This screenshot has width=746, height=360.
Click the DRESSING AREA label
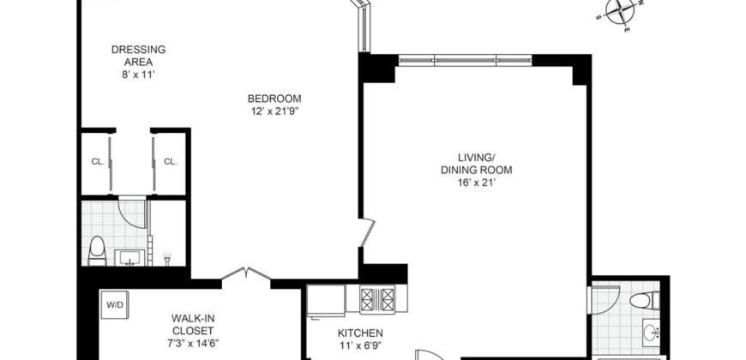pos(138,56)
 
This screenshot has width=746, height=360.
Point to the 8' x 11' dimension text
pos(138,75)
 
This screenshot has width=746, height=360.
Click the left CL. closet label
pos(97,161)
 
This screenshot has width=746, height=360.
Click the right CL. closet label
pos(170,161)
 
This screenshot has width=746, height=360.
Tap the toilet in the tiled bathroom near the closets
pos(97,250)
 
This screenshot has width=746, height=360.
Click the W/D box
pos(114,304)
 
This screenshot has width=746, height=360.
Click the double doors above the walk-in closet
pos(246,275)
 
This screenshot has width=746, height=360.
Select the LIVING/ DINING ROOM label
pos(478,163)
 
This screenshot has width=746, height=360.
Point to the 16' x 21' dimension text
pos(478,183)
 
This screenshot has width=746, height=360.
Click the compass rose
pos(622,13)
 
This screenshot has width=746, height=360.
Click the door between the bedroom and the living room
pos(367,232)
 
